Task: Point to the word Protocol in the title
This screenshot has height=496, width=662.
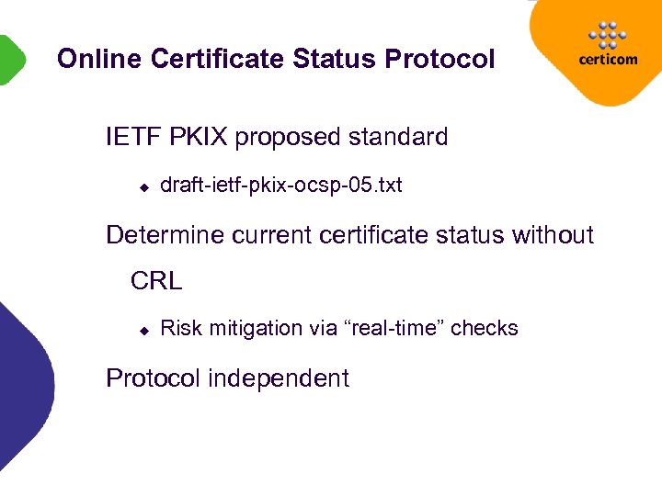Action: [x=440, y=59]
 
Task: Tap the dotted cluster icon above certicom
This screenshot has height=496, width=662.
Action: [x=606, y=35]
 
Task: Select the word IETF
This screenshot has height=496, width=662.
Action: [x=134, y=138]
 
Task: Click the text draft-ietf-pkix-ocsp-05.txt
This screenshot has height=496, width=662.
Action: [x=280, y=186]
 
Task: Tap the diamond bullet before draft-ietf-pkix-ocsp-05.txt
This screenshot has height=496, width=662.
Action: [x=143, y=187]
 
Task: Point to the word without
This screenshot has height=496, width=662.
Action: [x=554, y=235]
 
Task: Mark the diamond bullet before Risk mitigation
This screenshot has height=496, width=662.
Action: [x=143, y=330]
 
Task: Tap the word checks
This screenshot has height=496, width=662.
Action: [x=485, y=329]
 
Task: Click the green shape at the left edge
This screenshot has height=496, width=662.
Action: [x=9, y=59]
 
